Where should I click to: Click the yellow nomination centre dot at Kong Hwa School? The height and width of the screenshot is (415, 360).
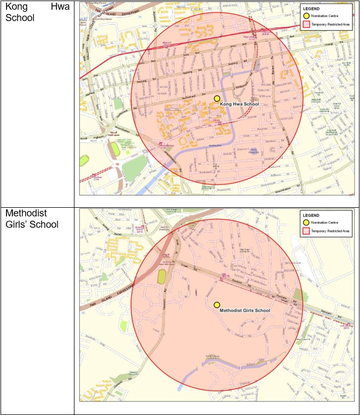pyautogui.click(x=217, y=99)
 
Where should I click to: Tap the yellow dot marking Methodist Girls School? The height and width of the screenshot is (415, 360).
pyautogui.click(x=217, y=305)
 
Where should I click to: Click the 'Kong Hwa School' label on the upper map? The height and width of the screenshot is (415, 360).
pyautogui.click(x=240, y=104)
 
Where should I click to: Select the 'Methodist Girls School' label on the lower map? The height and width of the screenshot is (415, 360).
pyautogui.click(x=245, y=311)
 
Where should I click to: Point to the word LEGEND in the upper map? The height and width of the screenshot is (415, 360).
pyautogui.click(x=311, y=8)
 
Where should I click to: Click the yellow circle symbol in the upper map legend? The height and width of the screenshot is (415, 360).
pyautogui.click(x=306, y=17)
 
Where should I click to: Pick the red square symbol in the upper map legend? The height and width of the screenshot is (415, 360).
pyautogui.click(x=306, y=25)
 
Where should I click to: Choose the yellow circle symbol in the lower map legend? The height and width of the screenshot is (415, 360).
pyautogui.click(x=306, y=222)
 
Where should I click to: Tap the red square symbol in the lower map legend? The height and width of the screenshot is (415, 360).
pyautogui.click(x=306, y=231)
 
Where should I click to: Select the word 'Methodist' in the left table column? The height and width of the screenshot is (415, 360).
pyautogui.click(x=25, y=214)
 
